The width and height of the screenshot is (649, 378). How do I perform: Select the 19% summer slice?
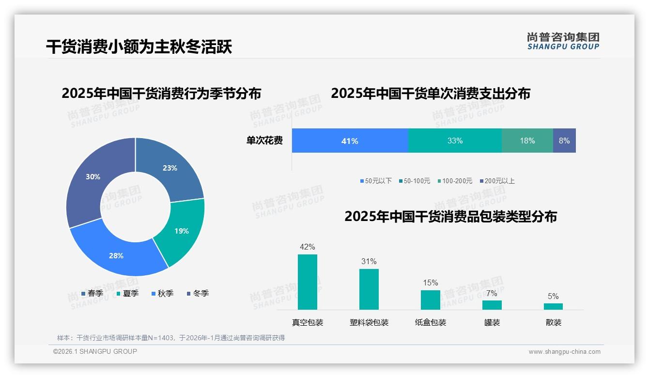click(x=182, y=231)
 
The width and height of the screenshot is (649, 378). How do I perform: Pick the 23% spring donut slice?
click(x=170, y=168)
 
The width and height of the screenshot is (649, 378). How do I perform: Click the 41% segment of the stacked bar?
click(x=350, y=141)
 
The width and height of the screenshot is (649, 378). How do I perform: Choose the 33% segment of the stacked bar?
click(x=455, y=141)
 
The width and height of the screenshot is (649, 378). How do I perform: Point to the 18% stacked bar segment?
click(x=527, y=141)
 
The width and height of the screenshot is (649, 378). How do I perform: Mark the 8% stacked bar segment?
click(x=564, y=141)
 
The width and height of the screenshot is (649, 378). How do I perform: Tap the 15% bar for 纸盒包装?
click(x=430, y=300)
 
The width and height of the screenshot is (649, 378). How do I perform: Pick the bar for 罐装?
click(x=492, y=305)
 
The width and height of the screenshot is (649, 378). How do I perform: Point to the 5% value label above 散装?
click(x=553, y=297)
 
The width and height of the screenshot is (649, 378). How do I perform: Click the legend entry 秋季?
click(x=163, y=293)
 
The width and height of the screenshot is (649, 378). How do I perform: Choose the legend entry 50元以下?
click(x=376, y=181)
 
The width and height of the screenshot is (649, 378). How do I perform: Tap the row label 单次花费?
click(x=264, y=141)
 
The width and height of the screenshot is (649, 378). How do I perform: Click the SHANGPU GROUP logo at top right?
click(x=563, y=41)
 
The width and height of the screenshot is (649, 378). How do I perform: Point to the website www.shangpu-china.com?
click(x=564, y=352)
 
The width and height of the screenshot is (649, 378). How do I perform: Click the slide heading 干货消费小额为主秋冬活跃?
click(x=139, y=47)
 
